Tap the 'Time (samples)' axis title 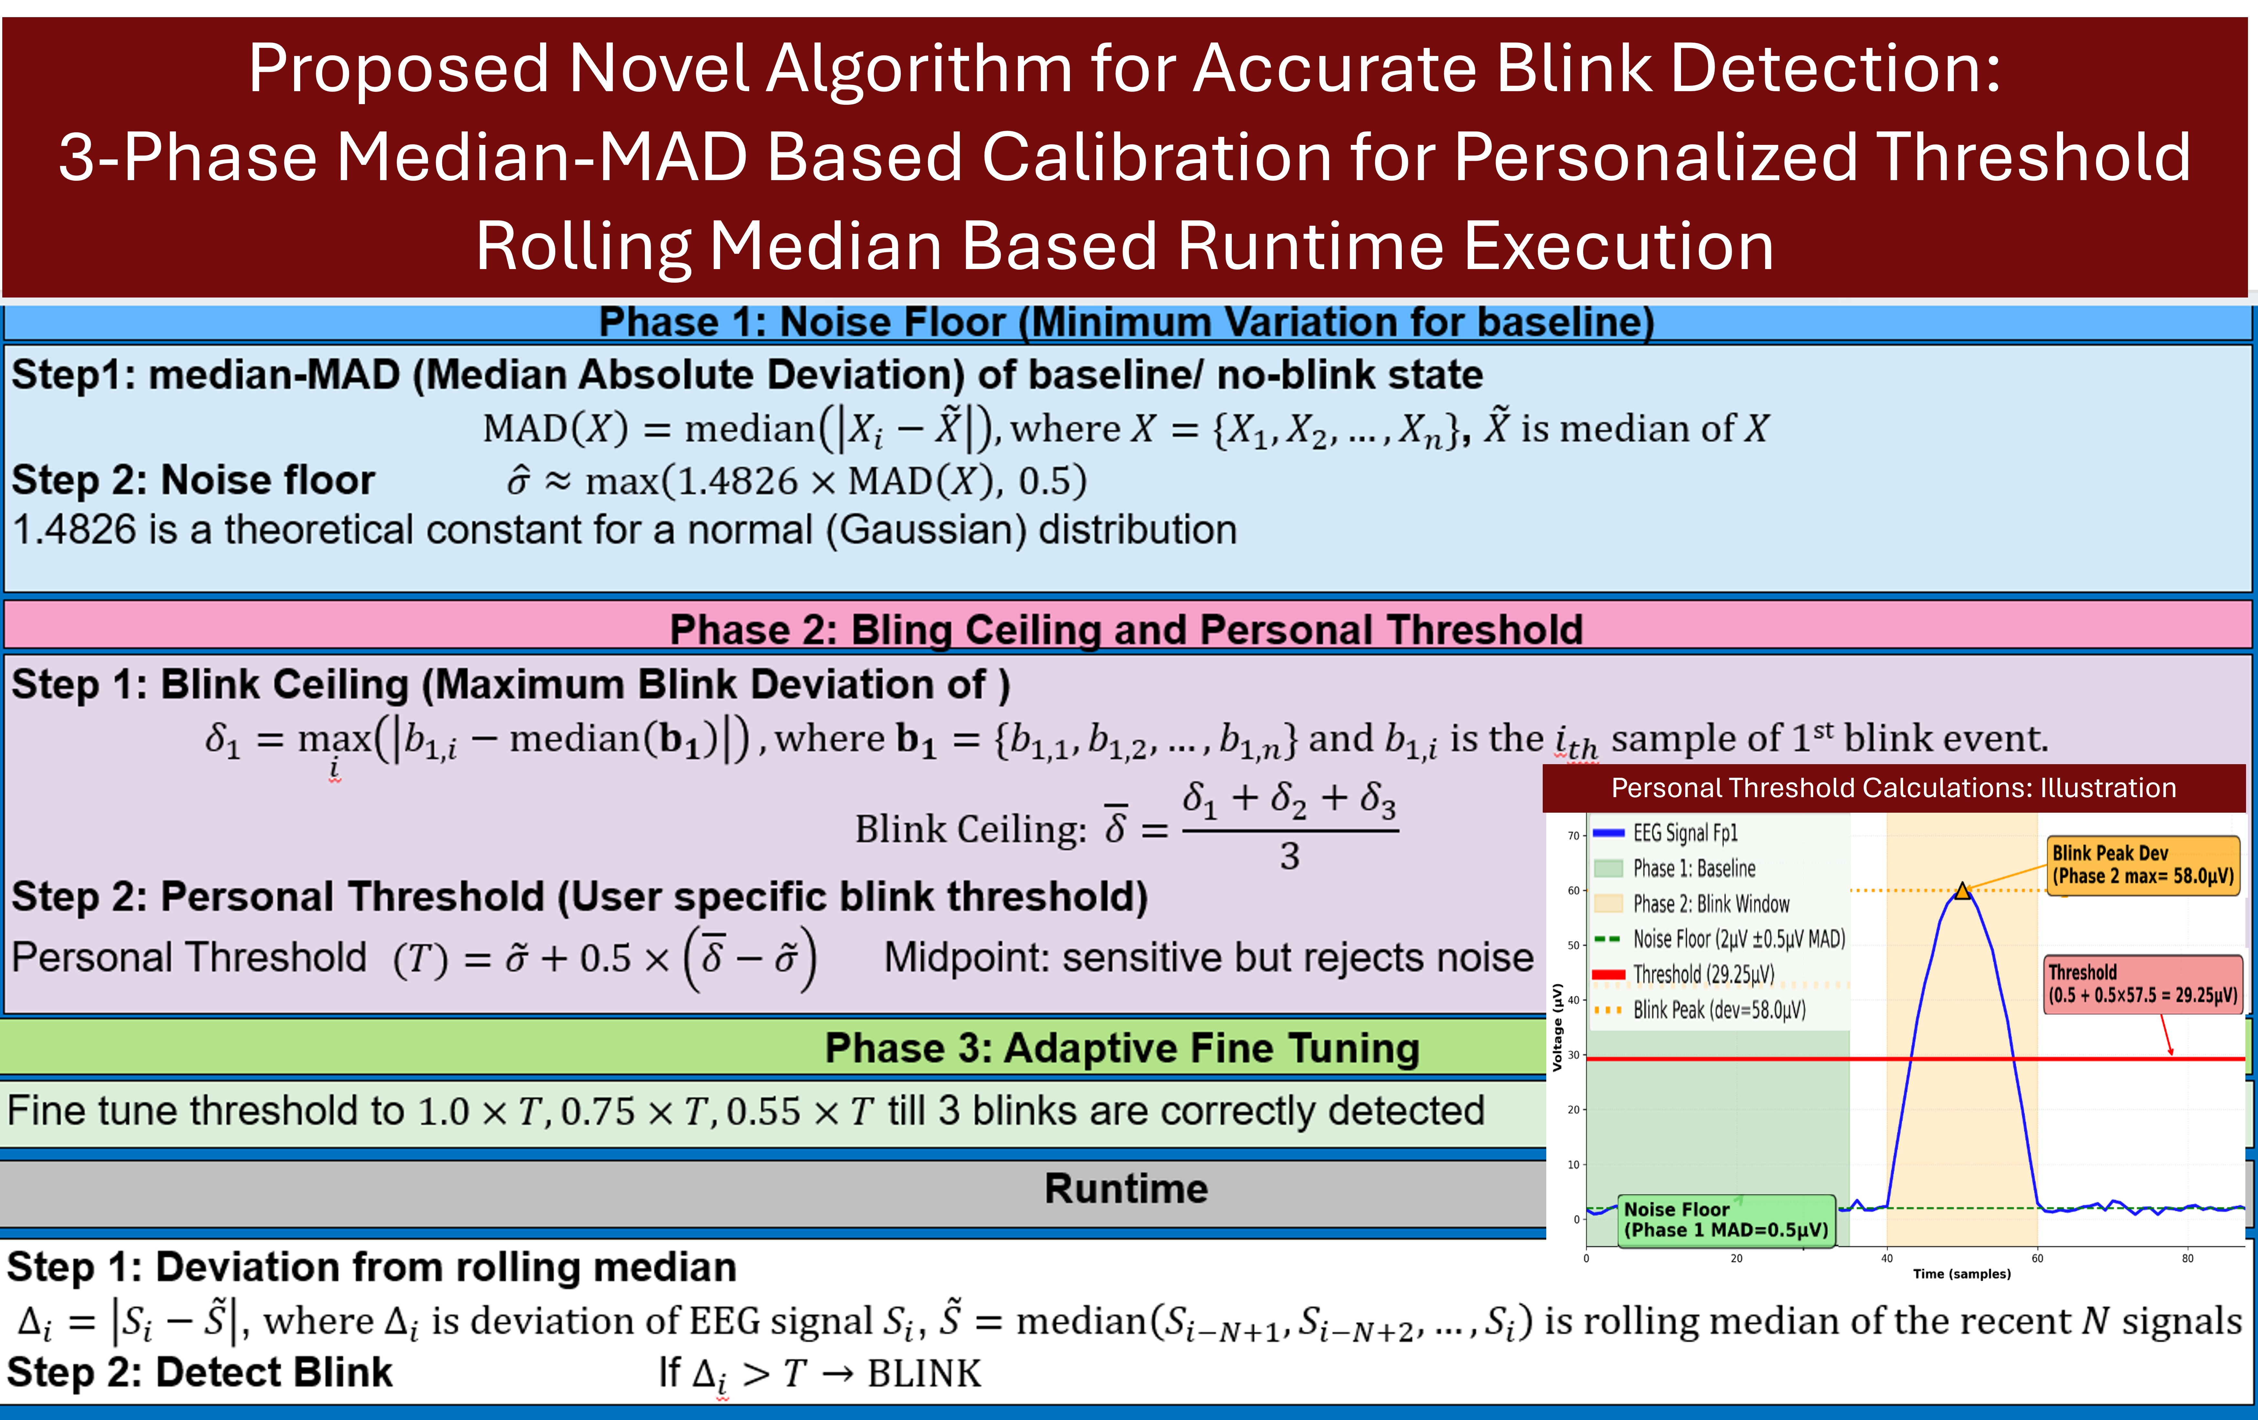click(1962, 1274)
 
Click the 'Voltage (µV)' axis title click(1558, 1027)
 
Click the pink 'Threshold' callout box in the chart click(2144, 984)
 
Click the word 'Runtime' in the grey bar click(1126, 1188)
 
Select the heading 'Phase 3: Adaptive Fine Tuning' click(1123, 1048)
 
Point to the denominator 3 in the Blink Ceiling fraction click(1290, 855)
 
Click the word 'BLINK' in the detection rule click(924, 1373)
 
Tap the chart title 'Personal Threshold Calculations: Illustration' click(1893, 788)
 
